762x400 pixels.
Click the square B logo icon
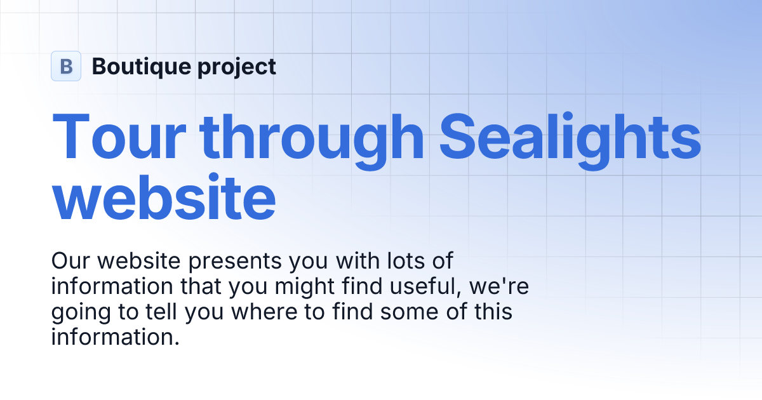pos(66,66)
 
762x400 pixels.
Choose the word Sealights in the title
pos(570,137)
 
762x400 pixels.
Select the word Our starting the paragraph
pos(71,261)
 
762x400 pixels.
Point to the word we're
pos(499,287)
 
